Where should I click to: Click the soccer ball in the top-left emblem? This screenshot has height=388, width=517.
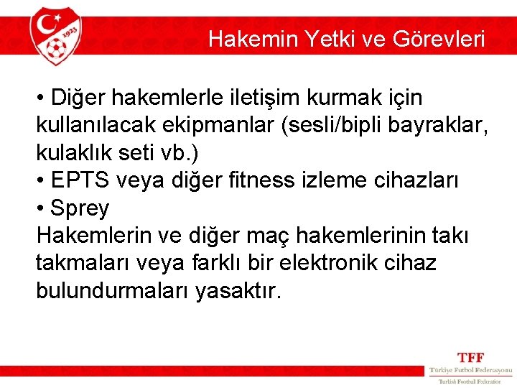pyautogui.click(x=57, y=50)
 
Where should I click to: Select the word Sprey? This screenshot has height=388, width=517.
pyautogui.click(x=80, y=208)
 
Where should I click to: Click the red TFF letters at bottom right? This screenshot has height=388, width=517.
pyautogui.click(x=471, y=357)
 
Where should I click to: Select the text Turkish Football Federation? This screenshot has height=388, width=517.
pyautogui.click(x=470, y=382)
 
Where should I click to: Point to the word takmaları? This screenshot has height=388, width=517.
pyautogui.click(x=84, y=264)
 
